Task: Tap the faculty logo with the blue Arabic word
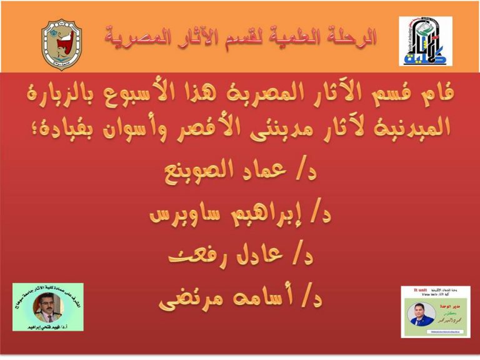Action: click(425, 42)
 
